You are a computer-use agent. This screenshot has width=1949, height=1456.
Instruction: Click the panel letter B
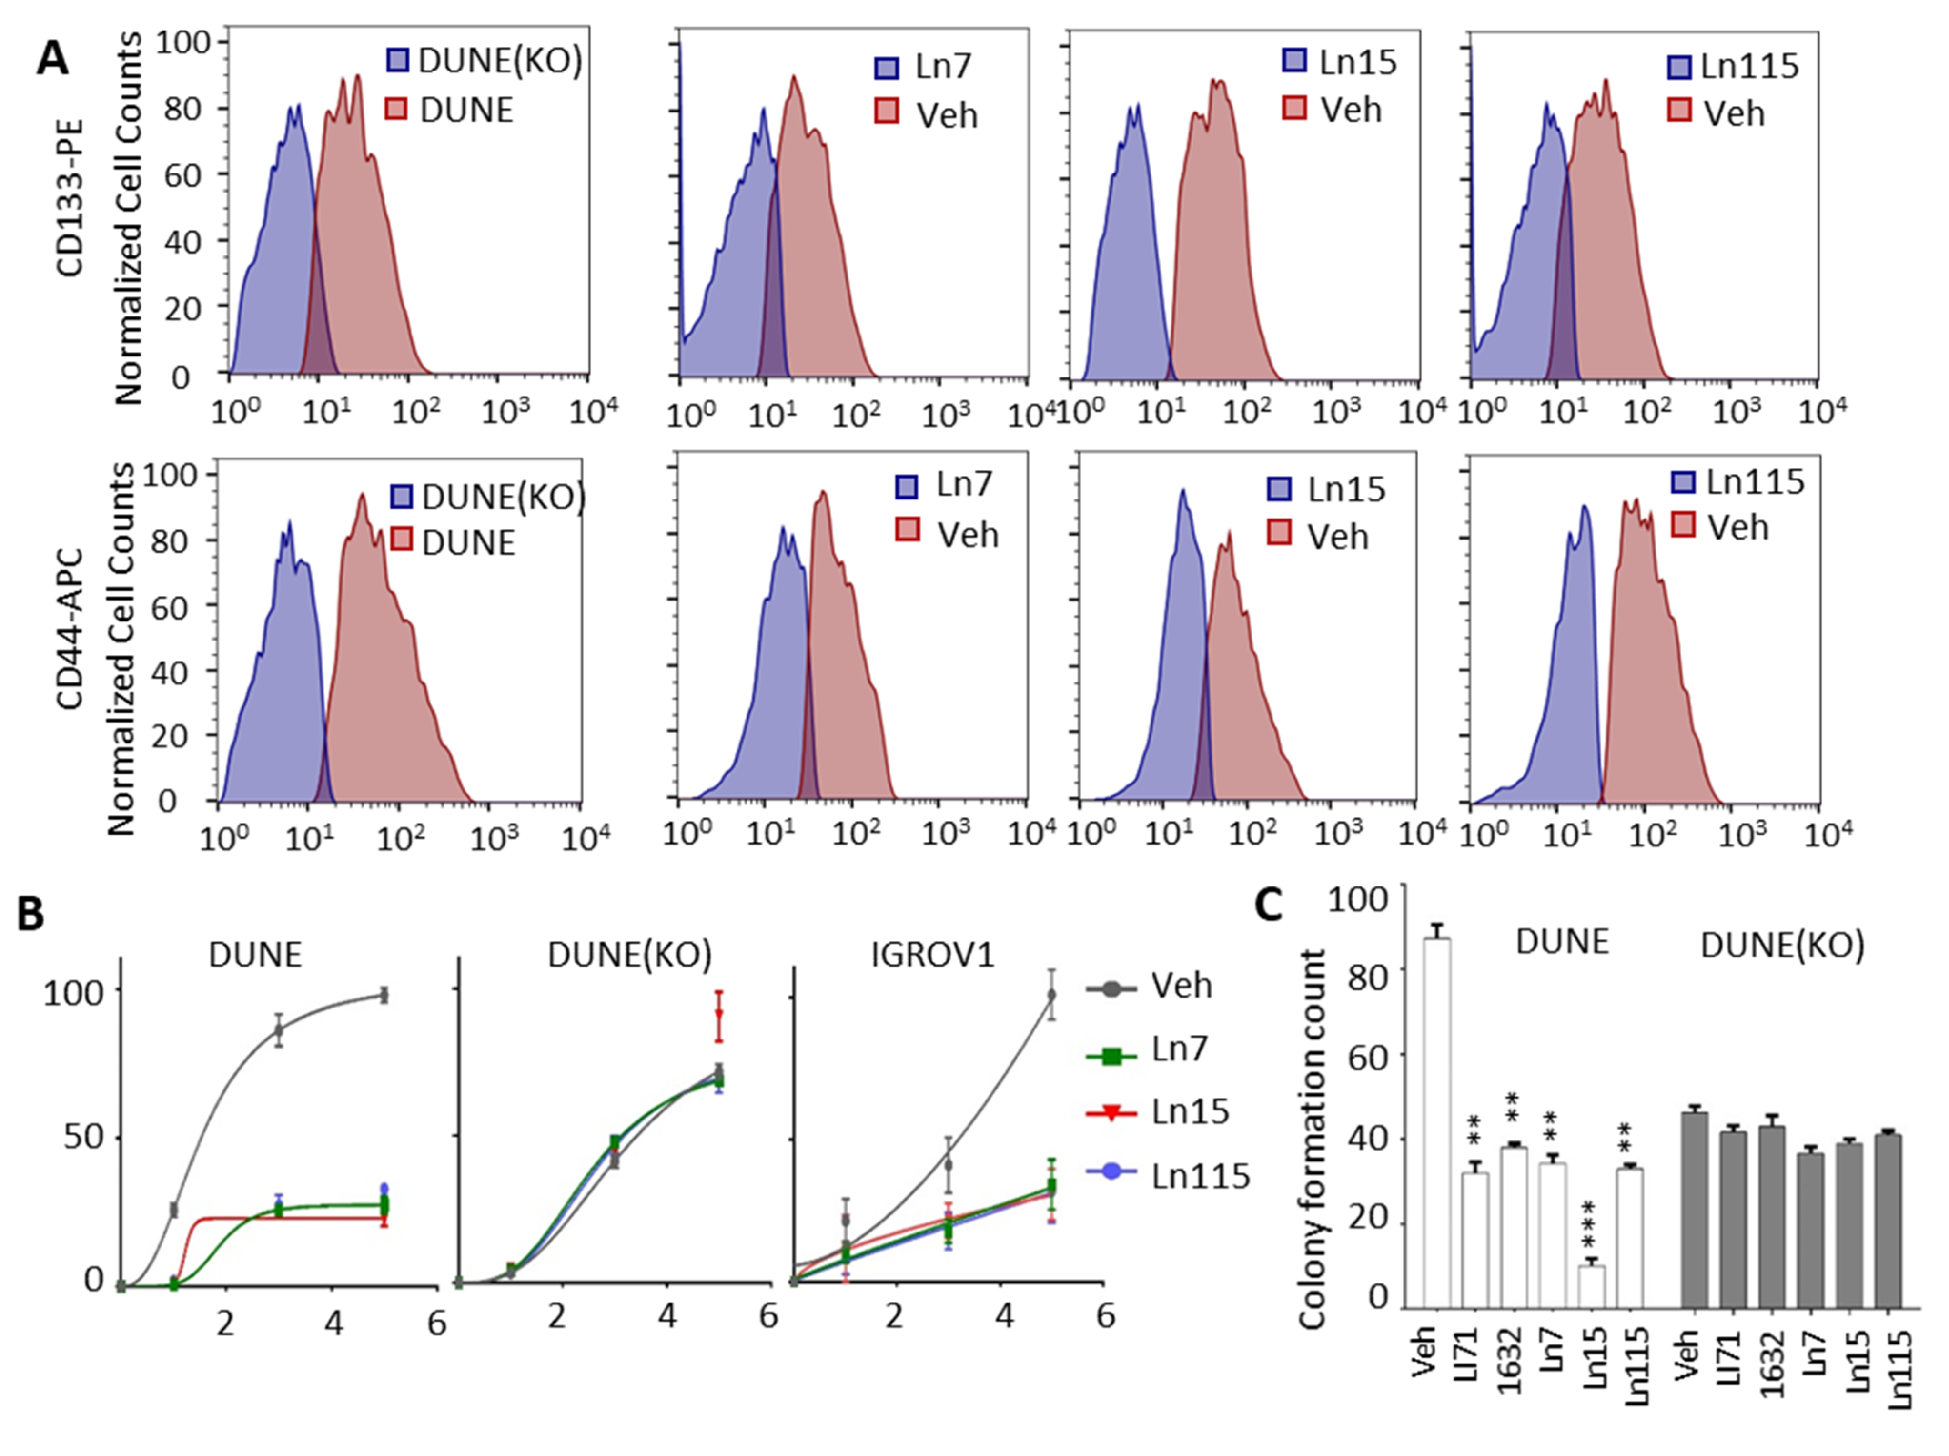coord(31,914)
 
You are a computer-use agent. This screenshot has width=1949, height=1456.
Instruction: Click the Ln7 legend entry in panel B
coord(1179,1049)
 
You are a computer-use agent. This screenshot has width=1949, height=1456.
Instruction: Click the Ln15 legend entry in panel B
coord(1190,1112)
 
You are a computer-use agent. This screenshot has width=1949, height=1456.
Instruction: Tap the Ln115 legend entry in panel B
coord(1200,1176)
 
